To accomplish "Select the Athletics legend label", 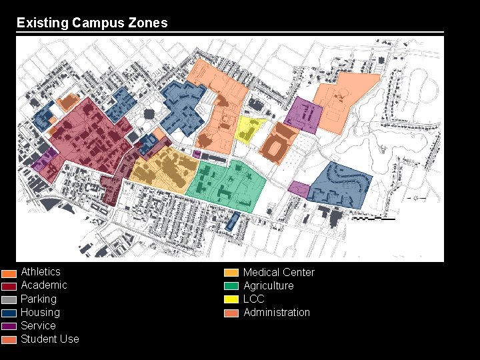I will tap(40, 271).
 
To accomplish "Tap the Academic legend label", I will tap(43, 285).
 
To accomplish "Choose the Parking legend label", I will tap(38, 299).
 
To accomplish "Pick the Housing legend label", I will tap(40, 312).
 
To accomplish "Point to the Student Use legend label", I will tap(49, 339).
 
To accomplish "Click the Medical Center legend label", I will tap(279, 272).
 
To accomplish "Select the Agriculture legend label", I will tap(268, 285).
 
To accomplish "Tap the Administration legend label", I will tap(277, 312).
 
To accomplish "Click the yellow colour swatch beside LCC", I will tap(231, 299).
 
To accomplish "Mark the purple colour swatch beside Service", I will tap(9, 326).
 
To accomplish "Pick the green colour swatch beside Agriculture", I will tap(231, 286).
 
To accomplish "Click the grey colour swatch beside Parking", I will tap(9, 299).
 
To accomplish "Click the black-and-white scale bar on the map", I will tap(373, 218).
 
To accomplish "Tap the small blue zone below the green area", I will tap(231, 221).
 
